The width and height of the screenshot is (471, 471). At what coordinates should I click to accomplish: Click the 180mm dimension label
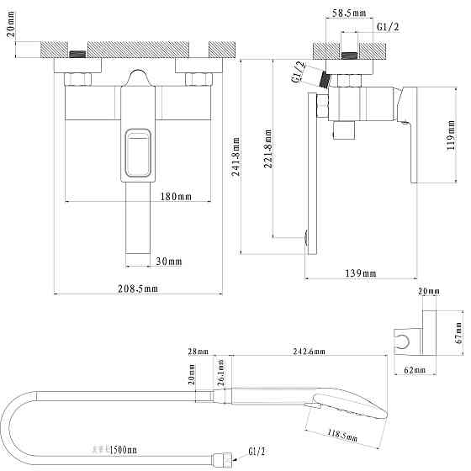(175, 196)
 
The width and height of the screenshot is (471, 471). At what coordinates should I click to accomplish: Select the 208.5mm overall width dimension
(139, 288)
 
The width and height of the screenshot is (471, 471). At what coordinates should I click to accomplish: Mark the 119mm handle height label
(452, 135)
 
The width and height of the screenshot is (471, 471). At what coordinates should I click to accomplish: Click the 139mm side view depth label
(360, 274)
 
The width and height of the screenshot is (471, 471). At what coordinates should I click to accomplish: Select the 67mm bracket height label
(459, 331)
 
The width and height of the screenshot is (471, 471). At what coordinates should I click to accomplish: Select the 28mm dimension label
(198, 352)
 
